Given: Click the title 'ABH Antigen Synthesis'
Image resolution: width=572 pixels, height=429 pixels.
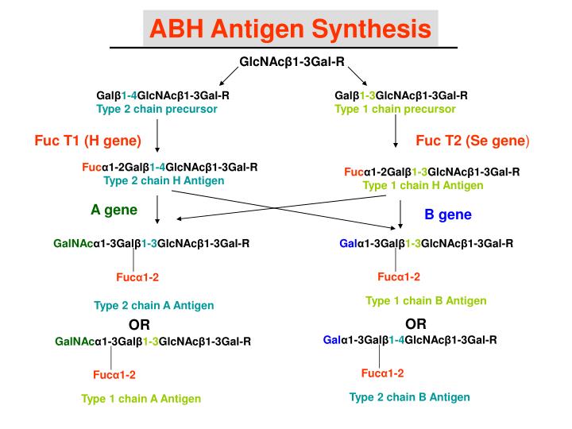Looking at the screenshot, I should click(x=291, y=29).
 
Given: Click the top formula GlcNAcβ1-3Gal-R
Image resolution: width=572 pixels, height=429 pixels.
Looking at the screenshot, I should click(x=292, y=61).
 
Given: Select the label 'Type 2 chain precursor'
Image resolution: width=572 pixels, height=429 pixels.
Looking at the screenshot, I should click(x=157, y=109).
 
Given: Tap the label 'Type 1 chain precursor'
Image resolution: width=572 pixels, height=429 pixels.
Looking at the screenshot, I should click(x=395, y=109).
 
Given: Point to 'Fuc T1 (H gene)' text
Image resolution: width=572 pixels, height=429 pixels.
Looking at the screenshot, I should click(x=87, y=141).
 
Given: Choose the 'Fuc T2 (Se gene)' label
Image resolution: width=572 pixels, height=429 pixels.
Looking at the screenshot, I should click(x=472, y=141).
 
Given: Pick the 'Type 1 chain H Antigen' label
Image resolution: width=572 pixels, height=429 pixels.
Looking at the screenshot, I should click(x=423, y=184).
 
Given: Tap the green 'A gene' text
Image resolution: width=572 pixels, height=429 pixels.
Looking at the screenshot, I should click(x=114, y=210).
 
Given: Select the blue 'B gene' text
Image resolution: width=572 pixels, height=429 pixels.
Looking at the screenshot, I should click(x=448, y=214).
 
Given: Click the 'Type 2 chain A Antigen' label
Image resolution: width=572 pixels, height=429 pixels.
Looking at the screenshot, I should click(x=153, y=305).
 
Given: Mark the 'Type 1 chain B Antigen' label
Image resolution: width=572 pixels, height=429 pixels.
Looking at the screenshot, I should click(x=426, y=300).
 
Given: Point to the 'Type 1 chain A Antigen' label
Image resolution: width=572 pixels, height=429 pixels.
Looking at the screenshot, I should click(x=141, y=399).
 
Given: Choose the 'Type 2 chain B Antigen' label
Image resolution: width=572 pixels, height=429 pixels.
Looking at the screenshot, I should click(x=409, y=396).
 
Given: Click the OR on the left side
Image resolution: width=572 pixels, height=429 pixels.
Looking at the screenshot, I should click(x=140, y=325).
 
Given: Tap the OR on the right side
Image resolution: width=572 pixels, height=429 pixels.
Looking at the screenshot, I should click(x=415, y=323).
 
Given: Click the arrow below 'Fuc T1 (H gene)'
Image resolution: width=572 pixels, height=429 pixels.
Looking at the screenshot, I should click(x=157, y=136).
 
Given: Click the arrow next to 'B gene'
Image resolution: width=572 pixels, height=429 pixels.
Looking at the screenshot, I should click(x=402, y=214).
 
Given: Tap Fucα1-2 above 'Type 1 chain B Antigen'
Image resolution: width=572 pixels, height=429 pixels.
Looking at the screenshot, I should click(x=399, y=276).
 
